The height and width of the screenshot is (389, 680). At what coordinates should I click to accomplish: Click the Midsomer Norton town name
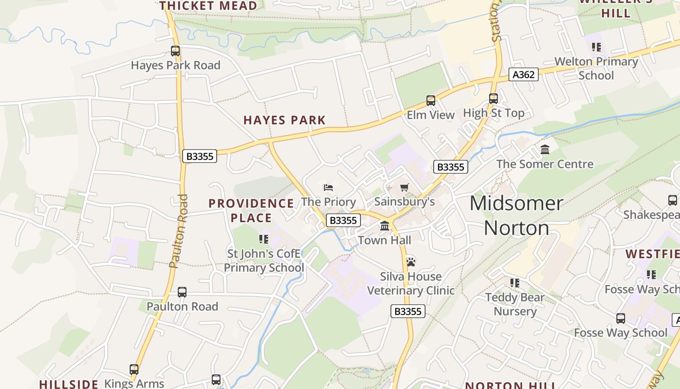click(516, 215)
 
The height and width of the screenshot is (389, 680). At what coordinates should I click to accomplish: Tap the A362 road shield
click(524, 74)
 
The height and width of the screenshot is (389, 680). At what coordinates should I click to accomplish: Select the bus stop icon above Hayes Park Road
click(175, 51)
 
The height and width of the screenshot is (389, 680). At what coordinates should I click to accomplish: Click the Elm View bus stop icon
click(431, 101)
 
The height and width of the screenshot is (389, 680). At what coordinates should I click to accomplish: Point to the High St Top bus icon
click(493, 99)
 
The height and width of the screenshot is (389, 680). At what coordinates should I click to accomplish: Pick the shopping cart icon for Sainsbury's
click(404, 188)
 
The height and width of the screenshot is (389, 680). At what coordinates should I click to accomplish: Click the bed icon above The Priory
click(328, 188)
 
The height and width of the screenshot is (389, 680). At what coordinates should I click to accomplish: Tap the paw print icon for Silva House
click(411, 262)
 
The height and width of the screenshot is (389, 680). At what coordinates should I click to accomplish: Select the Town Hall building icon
click(385, 226)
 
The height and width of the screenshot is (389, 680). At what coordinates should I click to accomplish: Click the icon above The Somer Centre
click(545, 150)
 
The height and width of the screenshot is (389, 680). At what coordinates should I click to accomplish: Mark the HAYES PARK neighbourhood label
click(285, 120)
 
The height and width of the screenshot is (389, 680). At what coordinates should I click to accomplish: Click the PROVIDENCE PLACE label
click(251, 211)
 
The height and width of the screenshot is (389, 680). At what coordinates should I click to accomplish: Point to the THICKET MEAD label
click(208, 6)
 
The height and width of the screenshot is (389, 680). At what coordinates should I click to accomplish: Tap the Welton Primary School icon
click(596, 47)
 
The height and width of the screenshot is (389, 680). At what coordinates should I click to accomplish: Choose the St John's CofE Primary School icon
click(264, 239)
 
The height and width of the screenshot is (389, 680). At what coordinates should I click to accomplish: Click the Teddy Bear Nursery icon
click(515, 283)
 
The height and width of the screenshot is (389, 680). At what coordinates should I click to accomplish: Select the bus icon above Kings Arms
click(134, 370)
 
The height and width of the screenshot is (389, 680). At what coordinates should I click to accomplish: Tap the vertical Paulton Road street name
click(178, 231)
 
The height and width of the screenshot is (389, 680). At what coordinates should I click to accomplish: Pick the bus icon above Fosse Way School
click(621, 318)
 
